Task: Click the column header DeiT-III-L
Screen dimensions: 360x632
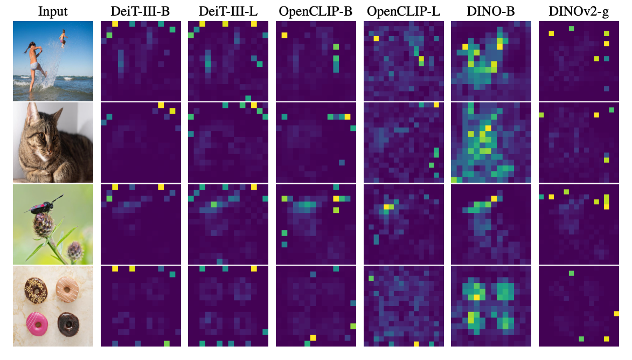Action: pos(228,12)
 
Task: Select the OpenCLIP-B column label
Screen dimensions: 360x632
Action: pos(316,12)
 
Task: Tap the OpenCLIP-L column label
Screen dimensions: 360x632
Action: pos(402,12)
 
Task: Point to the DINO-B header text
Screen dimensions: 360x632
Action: pos(490,12)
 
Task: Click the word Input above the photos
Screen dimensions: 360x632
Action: pos(53,12)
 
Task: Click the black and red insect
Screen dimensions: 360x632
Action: pos(45,204)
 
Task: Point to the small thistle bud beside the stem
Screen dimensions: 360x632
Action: pos(75,250)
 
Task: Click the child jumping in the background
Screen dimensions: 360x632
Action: pos(64,39)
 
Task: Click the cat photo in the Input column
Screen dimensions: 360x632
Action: pos(53,143)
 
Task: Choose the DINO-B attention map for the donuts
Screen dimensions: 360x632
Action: pos(490,306)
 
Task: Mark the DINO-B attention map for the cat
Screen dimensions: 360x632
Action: pos(490,143)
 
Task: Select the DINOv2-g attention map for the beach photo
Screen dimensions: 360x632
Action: pos(578,61)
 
